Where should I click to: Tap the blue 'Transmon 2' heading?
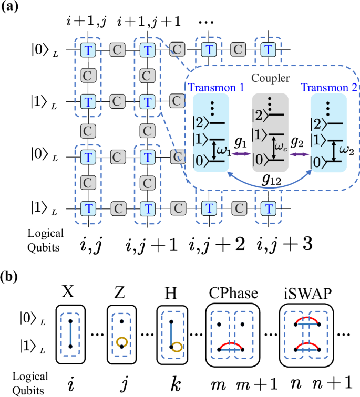tap(328, 88)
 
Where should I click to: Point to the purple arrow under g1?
tap(240, 154)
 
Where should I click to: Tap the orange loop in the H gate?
tap(177, 347)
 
